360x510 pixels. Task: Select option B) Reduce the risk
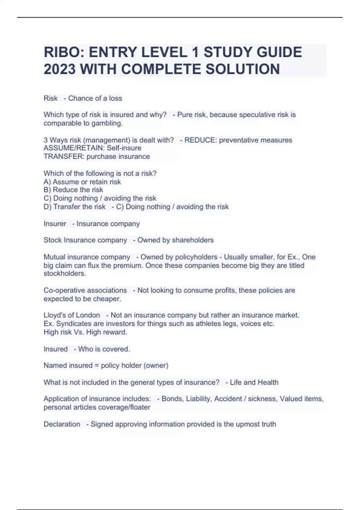point(73,190)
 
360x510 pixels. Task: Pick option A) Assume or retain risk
point(82,182)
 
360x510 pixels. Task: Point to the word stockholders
point(65,274)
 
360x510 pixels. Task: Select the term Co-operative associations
point(85,290)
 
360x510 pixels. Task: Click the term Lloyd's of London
point(72,315)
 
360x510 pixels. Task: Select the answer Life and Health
point(254,382)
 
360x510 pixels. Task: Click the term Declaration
point(62,424)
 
